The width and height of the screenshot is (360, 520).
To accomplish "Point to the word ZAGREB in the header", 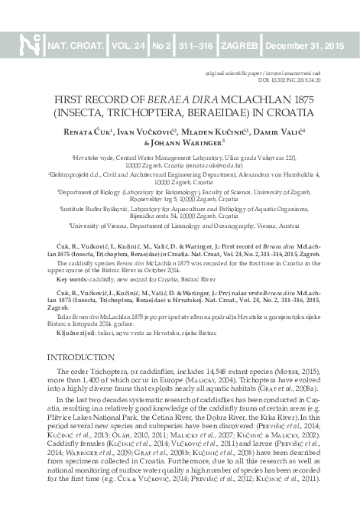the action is pyautogui.click(x=238, y=47).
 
